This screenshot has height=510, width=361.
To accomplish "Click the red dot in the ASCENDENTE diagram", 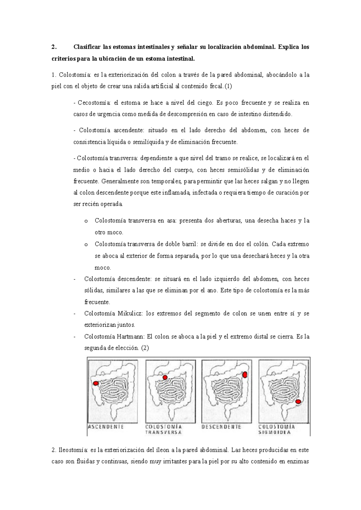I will coord(96,383).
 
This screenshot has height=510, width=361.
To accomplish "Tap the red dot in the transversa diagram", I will coord(165,378).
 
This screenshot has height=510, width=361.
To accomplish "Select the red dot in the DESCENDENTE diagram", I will coord(245,375).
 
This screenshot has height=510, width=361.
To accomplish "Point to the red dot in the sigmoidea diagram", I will coord(298,402).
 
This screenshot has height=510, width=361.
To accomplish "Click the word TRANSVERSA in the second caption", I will coord(164,433).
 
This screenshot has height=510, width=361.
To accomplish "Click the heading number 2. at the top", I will coord(54,47).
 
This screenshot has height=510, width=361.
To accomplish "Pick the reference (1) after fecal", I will coord(228,87).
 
